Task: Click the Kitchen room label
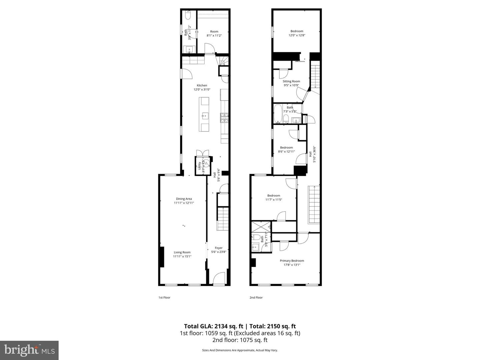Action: (202, 86)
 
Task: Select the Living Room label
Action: (182, 252)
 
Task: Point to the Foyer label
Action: (219, 248)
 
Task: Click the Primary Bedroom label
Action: (292, 261)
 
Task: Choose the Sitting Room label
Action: (291, 81)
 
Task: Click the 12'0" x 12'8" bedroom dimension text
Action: (297, 35)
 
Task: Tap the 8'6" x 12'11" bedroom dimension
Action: (286, 151)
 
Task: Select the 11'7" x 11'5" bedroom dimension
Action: (274, 200)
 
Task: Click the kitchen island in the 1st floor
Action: (204, 114)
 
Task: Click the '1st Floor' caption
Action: (164, 297)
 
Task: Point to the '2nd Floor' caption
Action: (256, 297)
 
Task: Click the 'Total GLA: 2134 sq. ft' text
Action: (213, 326)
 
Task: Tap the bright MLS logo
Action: (29, 350)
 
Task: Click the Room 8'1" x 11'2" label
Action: (214, 32)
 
